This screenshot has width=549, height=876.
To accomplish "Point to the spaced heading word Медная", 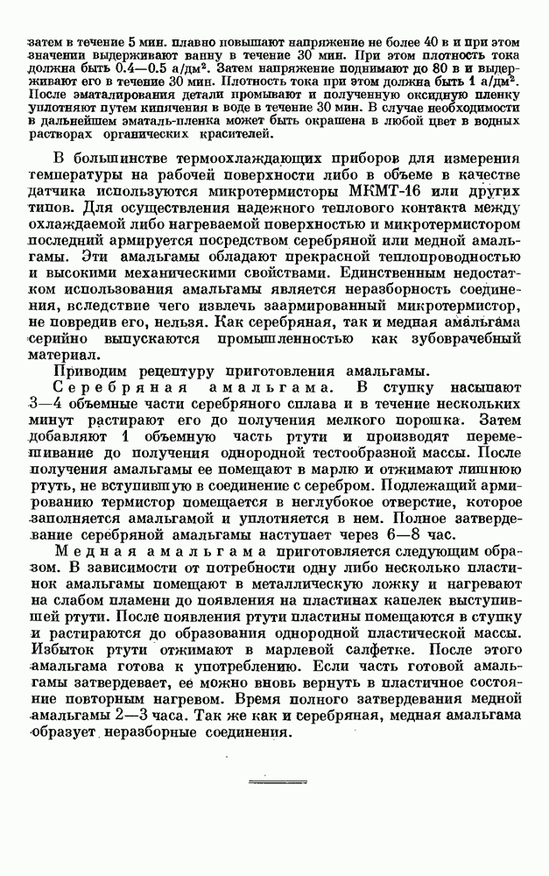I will [90, 552].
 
